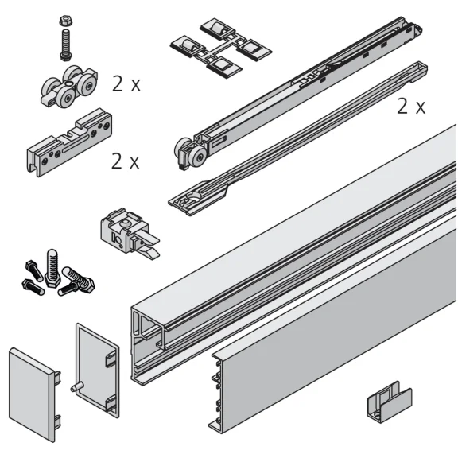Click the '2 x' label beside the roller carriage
pos(126,83)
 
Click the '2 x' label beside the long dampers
pos(410,107)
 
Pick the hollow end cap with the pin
pos(97,369)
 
